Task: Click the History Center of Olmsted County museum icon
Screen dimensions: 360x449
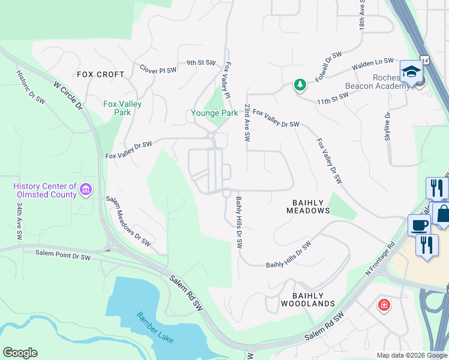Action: pyautogui.click(x=86, y=190)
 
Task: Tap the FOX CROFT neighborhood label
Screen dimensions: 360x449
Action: pyautogui.click(x=101, y=75)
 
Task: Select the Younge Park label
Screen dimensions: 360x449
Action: pyautogui.click(x=214, y=113)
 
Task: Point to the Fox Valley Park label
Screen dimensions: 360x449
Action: pyautogui.click(x=122, y=108)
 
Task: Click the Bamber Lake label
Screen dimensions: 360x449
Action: pyautogui.click(x=155, y=328)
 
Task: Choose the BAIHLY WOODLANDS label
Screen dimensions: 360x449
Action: pyautogui.click(x=308, y=299)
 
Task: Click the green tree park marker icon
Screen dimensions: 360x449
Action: pyautogui.click(x=300, y=85)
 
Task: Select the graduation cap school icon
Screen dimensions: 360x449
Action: pyautogui.click(x=412, y=71)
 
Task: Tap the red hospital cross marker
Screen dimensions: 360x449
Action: pyautogui.click(x=383, y=305)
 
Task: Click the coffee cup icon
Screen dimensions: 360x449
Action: pyautogui.click(x=418, y=225)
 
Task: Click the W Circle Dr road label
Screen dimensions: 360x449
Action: pyautogui.click(x=67, y=96)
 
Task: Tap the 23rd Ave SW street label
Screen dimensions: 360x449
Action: pyautogui.click(x=247, y=122)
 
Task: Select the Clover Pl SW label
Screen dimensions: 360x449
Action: pyautogui.click(x=158, y=70)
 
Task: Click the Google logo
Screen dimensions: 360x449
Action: pyautogui.click(x=20, y=353)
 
